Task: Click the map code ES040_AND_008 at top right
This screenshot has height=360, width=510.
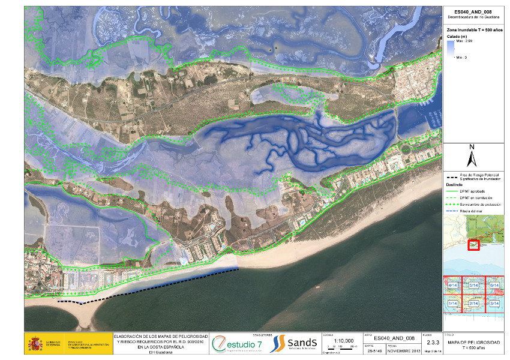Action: pos(473,12)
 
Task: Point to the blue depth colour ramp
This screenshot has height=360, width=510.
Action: pos(451,49)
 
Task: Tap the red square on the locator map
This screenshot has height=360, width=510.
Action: pos(473,244)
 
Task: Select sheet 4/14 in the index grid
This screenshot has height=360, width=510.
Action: pos(454,285)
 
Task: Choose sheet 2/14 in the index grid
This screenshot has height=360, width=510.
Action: pos(473,304)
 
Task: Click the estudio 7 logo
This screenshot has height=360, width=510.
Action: pos(237,344)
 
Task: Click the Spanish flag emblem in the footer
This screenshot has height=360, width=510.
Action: pos(35,344)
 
